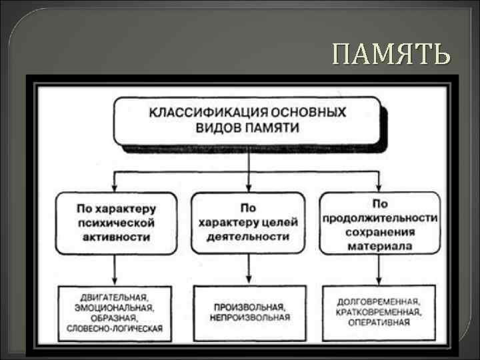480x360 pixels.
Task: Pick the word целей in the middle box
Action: click(x=280, y=222)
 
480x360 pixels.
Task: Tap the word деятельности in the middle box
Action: click(x=248, y=237)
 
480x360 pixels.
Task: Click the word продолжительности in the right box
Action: click(x=379, y=217)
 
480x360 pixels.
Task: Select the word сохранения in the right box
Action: click(x=379, y=232)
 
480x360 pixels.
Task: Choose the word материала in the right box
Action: click(x=379, y=246)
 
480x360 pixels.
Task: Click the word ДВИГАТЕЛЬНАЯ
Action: click(x=115, y=297)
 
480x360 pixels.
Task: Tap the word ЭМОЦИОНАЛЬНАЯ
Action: click(x=115, y=307)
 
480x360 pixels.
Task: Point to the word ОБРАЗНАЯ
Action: click(x=115, y=318)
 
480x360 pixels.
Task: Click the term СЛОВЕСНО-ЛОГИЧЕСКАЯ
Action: click(x=115, y=329)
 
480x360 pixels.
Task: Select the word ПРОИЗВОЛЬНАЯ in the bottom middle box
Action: click(x=249, y=307)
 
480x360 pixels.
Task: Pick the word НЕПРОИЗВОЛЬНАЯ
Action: click(x=249, y=318)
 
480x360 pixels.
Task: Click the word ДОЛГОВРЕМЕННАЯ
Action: click(x=379, y=301)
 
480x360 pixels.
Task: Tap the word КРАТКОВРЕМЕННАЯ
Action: click(x=379, y=312)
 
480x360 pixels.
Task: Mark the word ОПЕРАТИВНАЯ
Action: click(x=379, y=323)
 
